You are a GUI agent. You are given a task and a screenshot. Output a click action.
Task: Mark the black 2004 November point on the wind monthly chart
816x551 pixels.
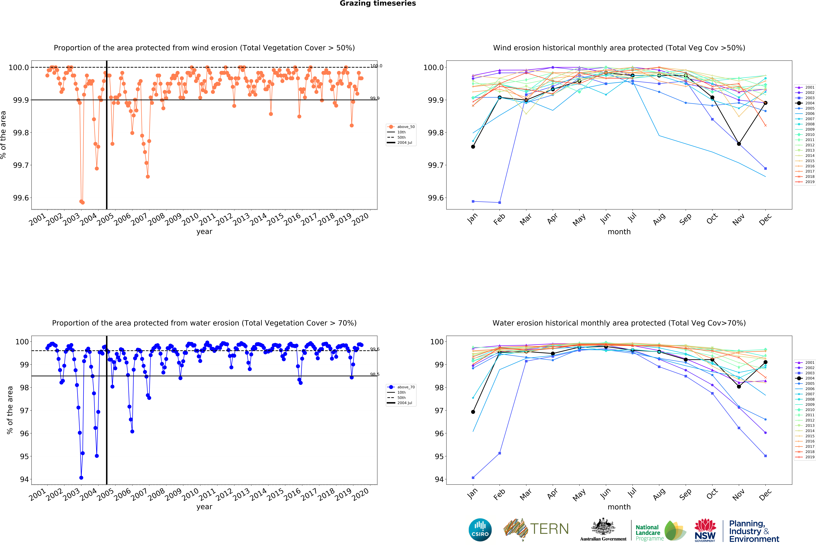click(739, 144)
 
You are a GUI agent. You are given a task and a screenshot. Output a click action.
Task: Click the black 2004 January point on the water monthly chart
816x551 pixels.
click(473, 412)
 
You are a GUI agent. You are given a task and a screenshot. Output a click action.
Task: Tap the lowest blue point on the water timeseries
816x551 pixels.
click(81, 478)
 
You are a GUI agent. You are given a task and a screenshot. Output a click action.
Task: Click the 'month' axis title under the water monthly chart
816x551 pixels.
click(619, 507)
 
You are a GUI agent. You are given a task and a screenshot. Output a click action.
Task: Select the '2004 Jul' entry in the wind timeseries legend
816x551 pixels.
click(405, 143)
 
